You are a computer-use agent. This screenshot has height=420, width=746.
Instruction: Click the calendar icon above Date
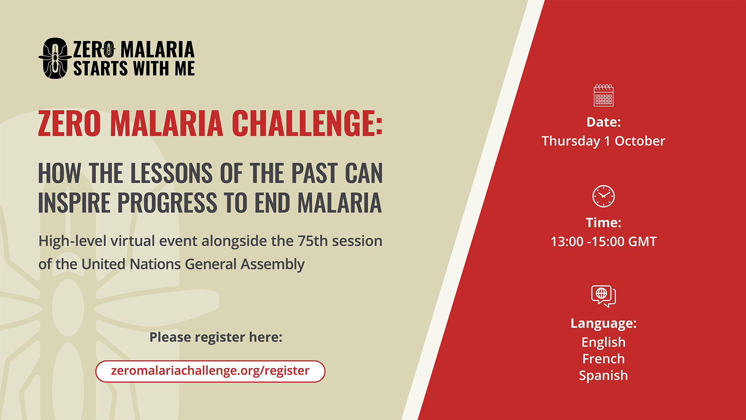pyautogui.click(x=604, y=95)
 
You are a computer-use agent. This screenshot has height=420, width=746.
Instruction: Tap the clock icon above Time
pyautogui.click(x=604, y=196)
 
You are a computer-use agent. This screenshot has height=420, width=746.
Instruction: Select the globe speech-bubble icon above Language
pyautogui.click(x=604, y=296)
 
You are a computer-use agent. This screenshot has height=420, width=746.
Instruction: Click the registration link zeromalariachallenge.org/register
pyautogui.click(x=210, y=371)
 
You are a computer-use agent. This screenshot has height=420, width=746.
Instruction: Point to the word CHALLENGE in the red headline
pyautogui.click(x=307, y=123)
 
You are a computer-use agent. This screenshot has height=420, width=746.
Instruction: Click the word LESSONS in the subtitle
pyautogui.click(x=172, y=173)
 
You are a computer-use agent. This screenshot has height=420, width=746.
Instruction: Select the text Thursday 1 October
pyautogui.click(x=604, y=141)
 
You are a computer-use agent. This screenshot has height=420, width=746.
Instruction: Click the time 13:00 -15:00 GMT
pyautogui.click(x=604, y=242)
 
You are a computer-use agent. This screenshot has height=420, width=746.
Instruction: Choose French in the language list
pyautogui.click(x=604, y=359)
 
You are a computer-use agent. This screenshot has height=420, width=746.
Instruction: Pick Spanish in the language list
pyautogui.click(x=604, y=376)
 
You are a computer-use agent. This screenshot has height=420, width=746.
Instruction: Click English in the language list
pyautogui.click(x=604, y=342)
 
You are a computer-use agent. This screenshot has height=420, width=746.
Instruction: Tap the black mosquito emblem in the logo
pyautogui.click(x=55, y=58)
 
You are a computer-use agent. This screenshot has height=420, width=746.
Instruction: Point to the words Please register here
pyautogui.click(x=216, y=337)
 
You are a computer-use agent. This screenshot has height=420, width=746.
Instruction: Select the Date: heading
pyautogui.click(x=604, y=122)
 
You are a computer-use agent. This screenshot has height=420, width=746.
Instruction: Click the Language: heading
pyautogui.click(x=604, y=323)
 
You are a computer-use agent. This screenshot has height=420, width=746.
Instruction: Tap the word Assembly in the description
pyautogui.click(x=273, y=264)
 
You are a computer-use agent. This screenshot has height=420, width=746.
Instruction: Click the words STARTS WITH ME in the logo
pyautogui.click(x=134, y=69)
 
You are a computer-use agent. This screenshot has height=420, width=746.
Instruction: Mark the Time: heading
pyautogui.click(x=604, y=223)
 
